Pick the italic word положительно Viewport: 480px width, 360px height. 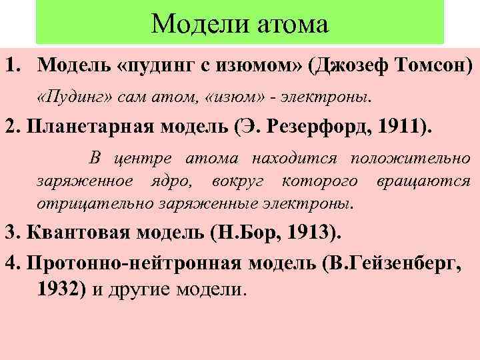click(x=411, y=159)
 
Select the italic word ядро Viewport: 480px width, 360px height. click(x=178, y=181)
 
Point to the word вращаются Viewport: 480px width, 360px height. click(x=423, y=181)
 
